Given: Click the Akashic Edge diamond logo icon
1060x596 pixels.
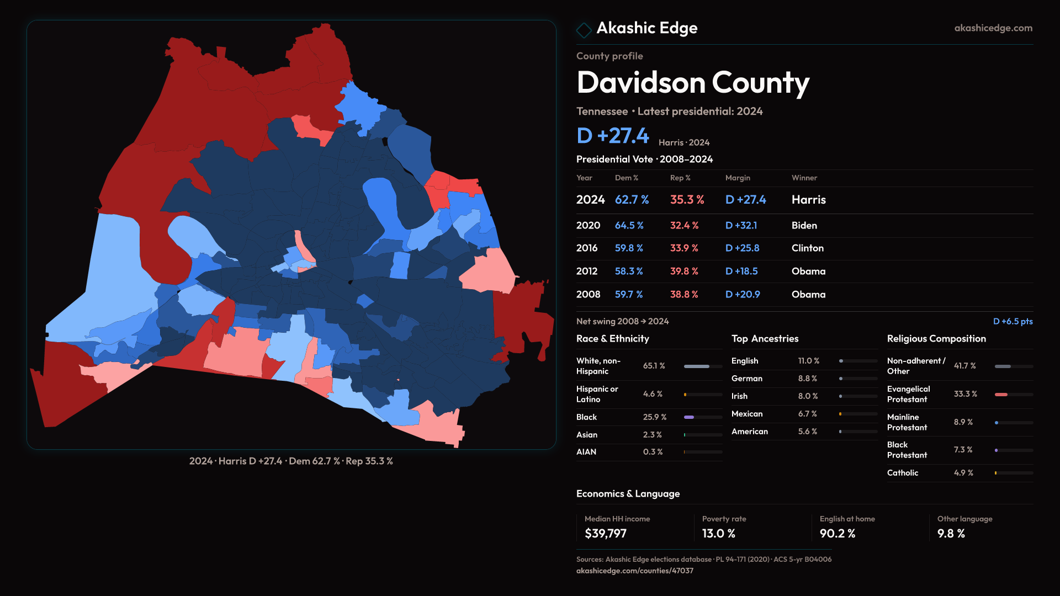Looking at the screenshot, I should coord(584,30).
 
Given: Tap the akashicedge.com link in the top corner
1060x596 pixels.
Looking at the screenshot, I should coord(993,28).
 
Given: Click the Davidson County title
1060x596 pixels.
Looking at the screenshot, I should coord(692,83).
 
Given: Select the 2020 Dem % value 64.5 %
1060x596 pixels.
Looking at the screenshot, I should coord(629,226).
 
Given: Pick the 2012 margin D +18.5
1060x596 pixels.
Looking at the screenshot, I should coord(741,272).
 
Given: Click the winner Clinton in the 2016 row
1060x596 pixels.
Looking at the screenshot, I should coord(807,248).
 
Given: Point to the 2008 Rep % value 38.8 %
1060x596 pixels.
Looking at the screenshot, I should coord(683,295).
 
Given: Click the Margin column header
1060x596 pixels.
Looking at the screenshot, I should coord(737,178).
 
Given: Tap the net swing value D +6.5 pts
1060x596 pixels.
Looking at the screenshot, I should coord(1012,321).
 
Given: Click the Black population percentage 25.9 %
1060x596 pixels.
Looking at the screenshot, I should coord(654,417).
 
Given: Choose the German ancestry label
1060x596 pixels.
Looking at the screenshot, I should coord(746,379).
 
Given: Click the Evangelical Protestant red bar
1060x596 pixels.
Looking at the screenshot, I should coord(1001,395).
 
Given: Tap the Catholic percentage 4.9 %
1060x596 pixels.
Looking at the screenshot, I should coord(963,473).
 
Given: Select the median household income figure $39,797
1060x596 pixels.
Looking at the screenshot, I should coord(605,534).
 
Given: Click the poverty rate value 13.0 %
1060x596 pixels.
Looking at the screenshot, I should coord(718,534).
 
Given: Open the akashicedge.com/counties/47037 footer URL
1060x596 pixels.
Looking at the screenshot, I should coord(634,571).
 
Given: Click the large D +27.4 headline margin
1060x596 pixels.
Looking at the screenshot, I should coord(612,136).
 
